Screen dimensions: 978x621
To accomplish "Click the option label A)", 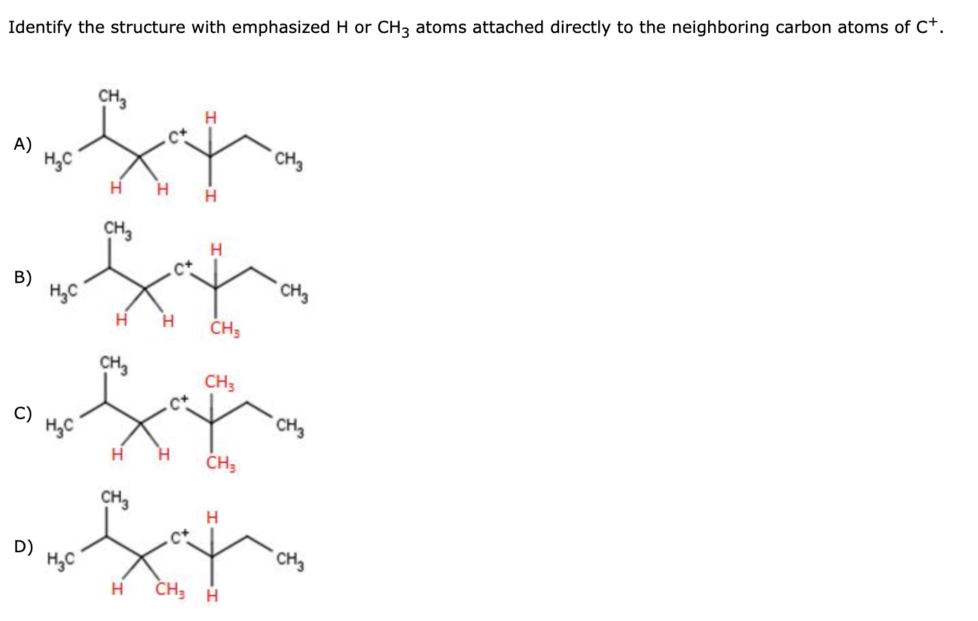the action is (x=23, y=144).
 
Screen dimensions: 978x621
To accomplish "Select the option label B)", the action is (x=23, y=278).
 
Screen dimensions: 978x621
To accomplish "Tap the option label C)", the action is (x=23, y=414).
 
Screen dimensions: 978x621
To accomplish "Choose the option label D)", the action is (x=23, y=547).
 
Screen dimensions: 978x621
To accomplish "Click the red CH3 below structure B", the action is (x=225, y=328).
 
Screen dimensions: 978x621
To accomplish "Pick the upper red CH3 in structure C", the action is (x=220, y=382).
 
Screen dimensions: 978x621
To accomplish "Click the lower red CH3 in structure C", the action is (x=221, y=463).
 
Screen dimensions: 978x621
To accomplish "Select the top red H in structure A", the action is (x=211, y=118).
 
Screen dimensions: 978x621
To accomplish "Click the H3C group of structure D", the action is (x=60, y=560).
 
